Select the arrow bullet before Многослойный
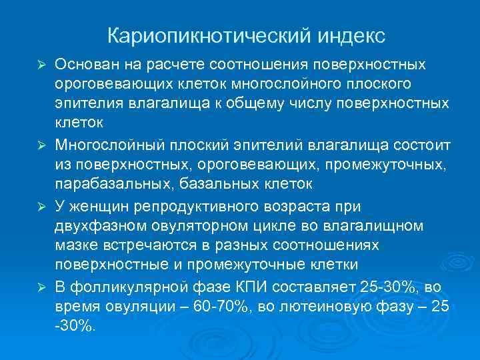[41, 145]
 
